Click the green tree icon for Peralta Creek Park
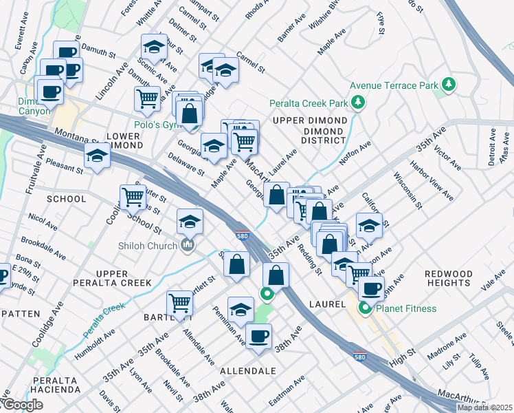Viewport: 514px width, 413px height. pos(357,103)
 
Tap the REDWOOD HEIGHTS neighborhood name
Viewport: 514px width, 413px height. pos(449,279)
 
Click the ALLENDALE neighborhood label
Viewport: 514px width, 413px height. pos(247,370)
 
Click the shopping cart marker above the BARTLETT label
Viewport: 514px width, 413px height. pos(179,302)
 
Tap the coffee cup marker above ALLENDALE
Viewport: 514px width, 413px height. pos(258,337)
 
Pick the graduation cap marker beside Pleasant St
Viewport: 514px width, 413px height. pos(97,157)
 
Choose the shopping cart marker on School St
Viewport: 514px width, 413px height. pos(132,198)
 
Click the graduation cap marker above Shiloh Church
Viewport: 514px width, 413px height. pos(190,222)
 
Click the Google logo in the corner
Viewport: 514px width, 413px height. pos(22,405)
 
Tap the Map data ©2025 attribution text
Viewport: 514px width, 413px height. pos(484,407)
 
